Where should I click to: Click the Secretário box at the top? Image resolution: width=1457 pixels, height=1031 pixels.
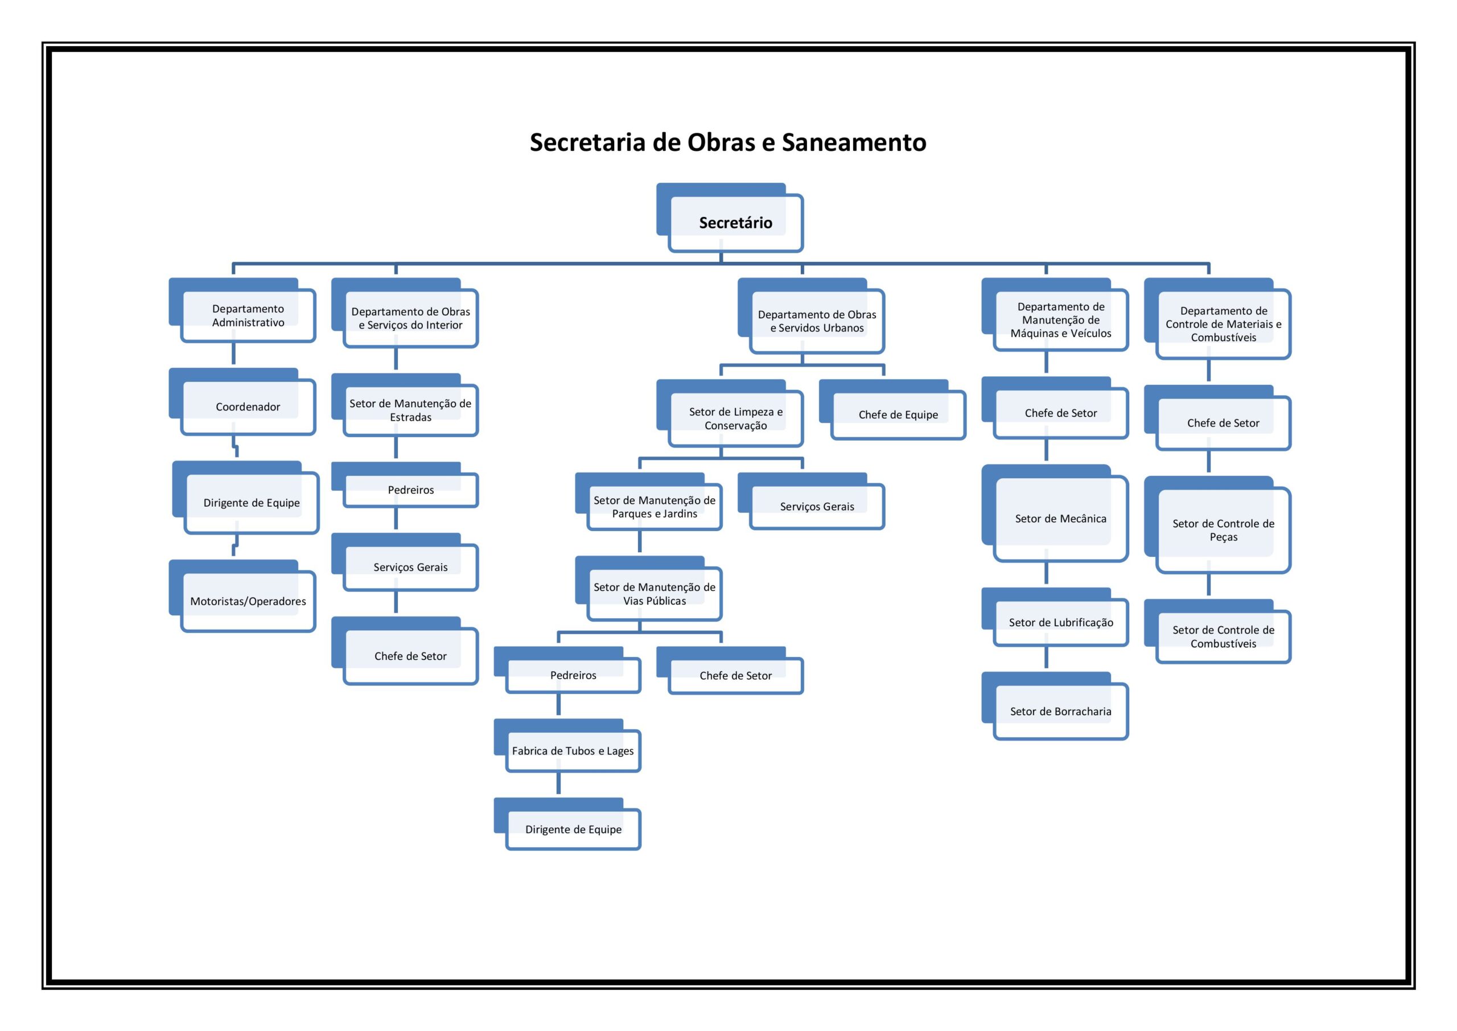(x=730, y=217)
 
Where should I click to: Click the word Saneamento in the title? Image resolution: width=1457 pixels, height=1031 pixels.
(x=854, y=142)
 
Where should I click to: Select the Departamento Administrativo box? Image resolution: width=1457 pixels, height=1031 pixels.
(x=242, y=310)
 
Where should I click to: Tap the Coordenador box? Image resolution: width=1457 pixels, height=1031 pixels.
(x=242, y=402)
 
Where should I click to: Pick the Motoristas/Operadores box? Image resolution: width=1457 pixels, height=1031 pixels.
(x=242, y=596)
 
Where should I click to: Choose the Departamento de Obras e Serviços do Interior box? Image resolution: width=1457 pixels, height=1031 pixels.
(x=405, y=313)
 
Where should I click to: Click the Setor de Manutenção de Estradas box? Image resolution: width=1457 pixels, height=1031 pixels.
(x=405, y=405)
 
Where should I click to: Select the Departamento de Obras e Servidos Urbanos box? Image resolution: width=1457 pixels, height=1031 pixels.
(x=812, y=316)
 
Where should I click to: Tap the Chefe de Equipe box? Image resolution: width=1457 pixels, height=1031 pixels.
(x=893, y=410)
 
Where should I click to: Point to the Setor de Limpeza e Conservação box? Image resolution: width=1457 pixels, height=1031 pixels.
(x=730, y=413)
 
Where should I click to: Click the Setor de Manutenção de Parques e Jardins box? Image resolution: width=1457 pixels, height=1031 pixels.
(x=649, y=502)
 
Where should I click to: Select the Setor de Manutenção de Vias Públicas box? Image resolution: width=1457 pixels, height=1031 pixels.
(x=649, y=589)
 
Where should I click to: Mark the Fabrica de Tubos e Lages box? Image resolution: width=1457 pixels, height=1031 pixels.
(x=568, y=746)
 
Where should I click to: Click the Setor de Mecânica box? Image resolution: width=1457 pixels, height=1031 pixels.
(x=1055, y=514)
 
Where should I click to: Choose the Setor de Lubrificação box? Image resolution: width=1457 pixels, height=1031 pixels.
(x=1055, y=618)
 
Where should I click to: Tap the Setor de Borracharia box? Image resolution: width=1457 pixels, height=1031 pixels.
(x=1055, y=706)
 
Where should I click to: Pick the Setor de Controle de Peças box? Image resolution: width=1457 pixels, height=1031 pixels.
(x=1218, y=525)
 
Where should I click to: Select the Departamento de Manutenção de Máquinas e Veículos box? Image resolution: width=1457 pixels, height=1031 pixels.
(x=1055, y=315)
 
